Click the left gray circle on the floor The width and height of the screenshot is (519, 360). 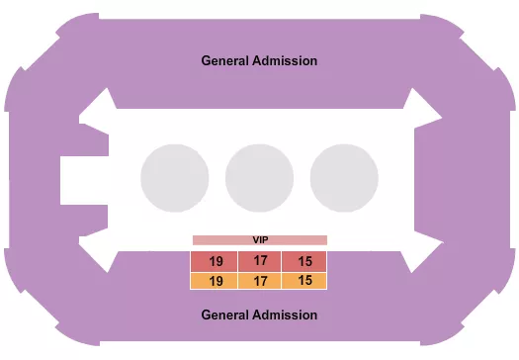click(174, 178)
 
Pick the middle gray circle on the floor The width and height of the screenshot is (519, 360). click(259, 178)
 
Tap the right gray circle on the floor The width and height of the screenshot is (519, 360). click(344, 178)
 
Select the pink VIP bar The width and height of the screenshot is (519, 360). click(259, 239)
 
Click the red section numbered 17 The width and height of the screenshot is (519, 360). click(260, 261)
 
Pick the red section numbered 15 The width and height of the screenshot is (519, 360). click(304, 261)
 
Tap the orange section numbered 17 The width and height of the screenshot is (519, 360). click(260, 281)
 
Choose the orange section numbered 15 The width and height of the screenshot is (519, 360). click(304, 281)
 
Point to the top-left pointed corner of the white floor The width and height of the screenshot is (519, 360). click(96, 106)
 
